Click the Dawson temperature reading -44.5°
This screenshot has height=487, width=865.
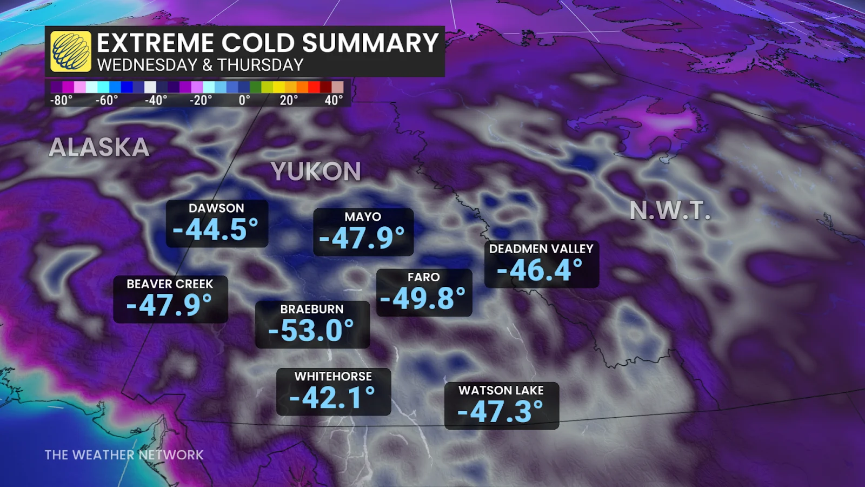[x=216, y=229]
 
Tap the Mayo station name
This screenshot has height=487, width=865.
[x=363, y=217]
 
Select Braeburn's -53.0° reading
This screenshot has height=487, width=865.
[x=311, y=330]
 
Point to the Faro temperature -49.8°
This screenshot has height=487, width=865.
[x=423, y=298]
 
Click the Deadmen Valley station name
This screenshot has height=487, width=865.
[x=541, y=249]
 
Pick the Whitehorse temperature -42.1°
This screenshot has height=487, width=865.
[x=332, y=398]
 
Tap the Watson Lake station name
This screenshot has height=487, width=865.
[x=501, y=391]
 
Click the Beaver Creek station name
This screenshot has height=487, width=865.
[x=170, y=284]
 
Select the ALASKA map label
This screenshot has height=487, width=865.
[x=99, y=148]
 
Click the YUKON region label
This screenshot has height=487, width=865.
[x=316, y=172]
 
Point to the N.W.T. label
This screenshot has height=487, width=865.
[x=670, y=210]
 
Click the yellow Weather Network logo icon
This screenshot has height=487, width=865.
[x=71, y=51]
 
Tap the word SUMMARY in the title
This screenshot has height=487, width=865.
[x=370, y=43]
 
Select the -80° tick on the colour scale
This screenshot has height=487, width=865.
[x=61, y=101]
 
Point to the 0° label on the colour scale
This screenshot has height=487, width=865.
[x=244, y=101]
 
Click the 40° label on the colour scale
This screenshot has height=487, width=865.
[x=334, y=101]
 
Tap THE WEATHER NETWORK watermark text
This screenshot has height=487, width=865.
[x=124, y=455]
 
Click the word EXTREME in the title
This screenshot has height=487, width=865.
[x=156, y=43]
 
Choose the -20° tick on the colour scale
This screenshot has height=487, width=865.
[x=201, y=101]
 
